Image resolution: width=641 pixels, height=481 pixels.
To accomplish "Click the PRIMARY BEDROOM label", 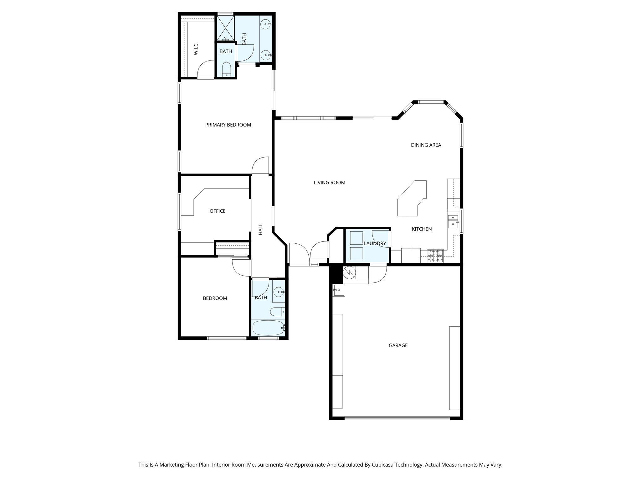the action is (228, 125).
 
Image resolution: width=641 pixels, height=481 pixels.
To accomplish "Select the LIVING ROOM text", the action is (329, 183).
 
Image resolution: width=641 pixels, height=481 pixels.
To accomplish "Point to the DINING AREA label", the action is (426, 145).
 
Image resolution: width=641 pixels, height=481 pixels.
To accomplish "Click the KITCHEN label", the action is (422, 229).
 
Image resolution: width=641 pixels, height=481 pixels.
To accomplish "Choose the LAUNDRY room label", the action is (375, 244).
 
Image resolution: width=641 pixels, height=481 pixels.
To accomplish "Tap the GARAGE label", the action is (398, 345).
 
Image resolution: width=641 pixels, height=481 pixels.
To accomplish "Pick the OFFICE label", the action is (218, 211).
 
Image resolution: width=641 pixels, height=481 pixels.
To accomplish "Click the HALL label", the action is (260, 229).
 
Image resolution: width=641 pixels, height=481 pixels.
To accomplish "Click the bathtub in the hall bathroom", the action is (269, 328).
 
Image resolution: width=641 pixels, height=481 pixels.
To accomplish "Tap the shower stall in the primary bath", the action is (225, 28).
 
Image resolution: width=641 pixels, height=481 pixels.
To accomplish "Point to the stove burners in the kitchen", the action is (435, 256).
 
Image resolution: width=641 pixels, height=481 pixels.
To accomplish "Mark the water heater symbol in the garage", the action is (349, 273).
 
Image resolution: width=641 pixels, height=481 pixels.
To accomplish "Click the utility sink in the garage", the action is (338, 290).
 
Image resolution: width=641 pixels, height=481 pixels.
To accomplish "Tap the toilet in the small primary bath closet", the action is (226, 70).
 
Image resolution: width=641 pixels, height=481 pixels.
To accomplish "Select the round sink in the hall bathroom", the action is (279, 292).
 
